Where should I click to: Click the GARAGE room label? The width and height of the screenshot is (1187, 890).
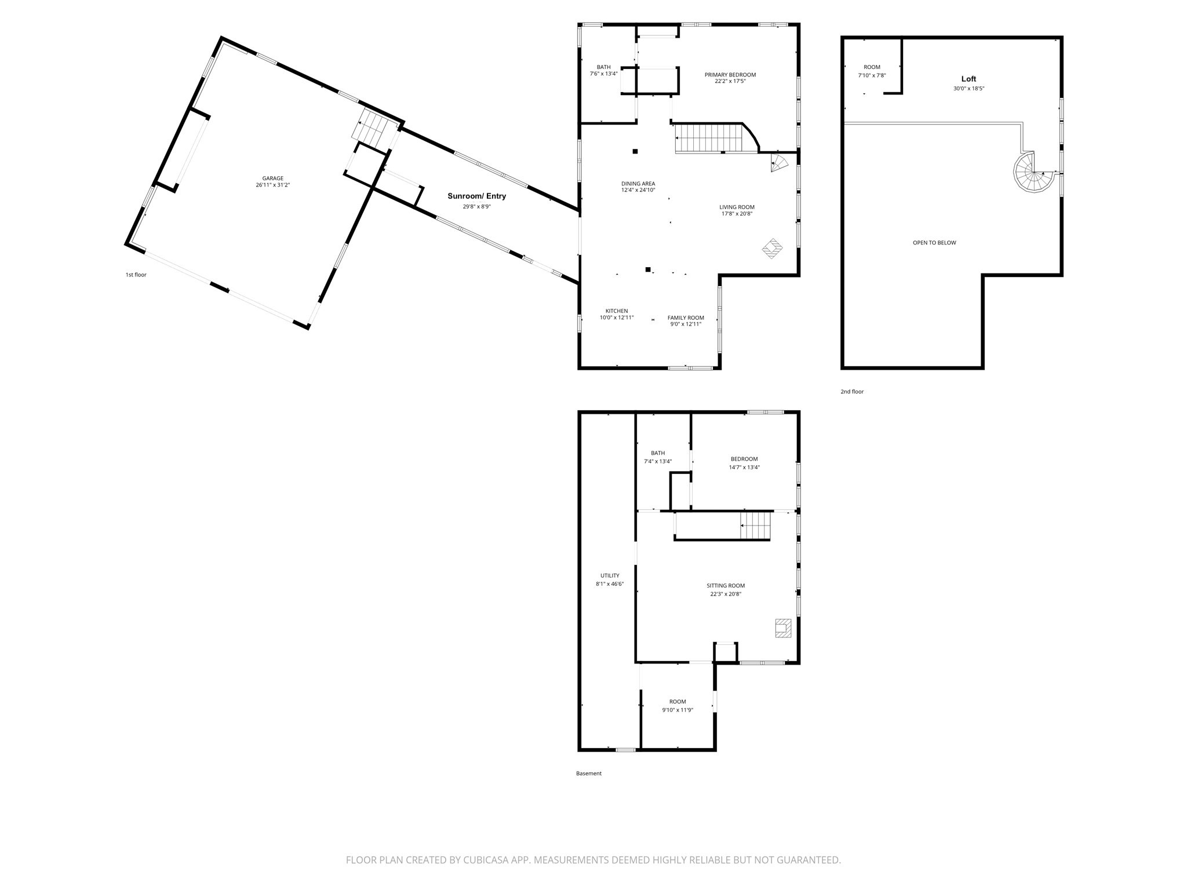click(x=272, y=178)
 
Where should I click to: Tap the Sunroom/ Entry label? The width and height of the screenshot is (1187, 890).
click(x=476, y=196)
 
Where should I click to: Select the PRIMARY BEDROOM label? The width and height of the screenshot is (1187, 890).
click(x=730, y=75)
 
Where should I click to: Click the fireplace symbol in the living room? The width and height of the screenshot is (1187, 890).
click(x=772, y=249)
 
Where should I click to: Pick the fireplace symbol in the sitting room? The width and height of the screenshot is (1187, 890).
click(x=783, y=628)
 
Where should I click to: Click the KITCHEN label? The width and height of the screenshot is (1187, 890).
click(x=617, y=311)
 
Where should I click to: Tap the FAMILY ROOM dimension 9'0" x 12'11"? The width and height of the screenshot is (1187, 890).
click(x=686, y=324)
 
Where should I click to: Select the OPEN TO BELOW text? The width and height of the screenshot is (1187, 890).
click(x=934, y=243)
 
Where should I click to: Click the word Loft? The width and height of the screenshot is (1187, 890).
click(x=968, y=79)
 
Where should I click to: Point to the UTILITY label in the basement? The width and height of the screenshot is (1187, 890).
click(x=610, y=576)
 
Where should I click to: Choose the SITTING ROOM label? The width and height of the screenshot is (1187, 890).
click(x=726, y=586)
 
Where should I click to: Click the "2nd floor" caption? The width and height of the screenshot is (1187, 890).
click(x=852, y=392)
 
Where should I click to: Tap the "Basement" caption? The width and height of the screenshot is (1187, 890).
click(x=589, y=774)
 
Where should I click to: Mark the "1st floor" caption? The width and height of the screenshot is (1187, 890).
click(x=136, y=275)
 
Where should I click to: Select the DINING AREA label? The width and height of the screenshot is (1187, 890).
click(x=638, y=184)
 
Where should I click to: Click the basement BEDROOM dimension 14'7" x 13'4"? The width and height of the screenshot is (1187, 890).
click(x=744, y=467)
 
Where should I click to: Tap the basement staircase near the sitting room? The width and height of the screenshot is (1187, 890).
click(x=755, y=526)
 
